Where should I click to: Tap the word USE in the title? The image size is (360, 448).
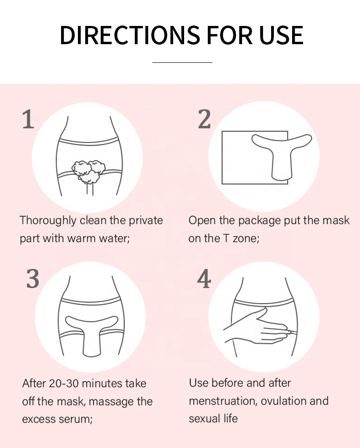[x=281, y=35]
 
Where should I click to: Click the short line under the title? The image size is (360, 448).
[x=182, y=62]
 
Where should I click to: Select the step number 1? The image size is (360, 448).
[x=28, y=119]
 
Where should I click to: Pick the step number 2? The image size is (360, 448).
[x=204, y=119]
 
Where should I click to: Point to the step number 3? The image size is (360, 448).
[x=33, y=279]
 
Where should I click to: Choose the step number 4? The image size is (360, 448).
[x=204, y=279]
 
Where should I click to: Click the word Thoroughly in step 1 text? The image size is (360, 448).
[x=48, y=221]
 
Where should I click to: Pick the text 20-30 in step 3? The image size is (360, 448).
[x=64, y=383]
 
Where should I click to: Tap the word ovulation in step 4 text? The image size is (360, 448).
[x=283, y=401]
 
